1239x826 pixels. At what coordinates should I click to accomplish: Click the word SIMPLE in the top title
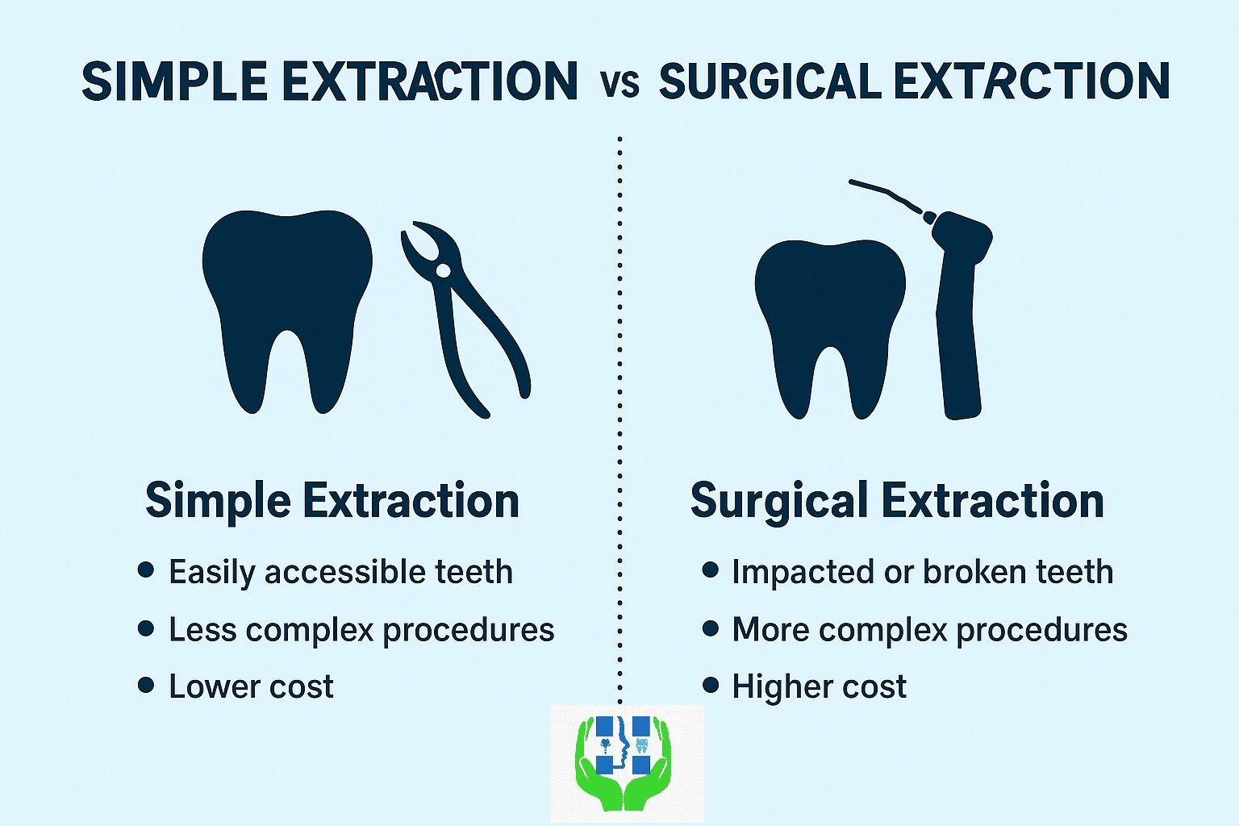[x=175, y=81]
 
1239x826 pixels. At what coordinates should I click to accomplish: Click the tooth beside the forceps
[x=287, y=311]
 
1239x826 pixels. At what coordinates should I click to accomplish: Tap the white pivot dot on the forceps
[x=443, y=270]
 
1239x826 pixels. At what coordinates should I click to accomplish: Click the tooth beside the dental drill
[x=830, y=328]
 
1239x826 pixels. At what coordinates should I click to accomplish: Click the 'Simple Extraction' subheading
[x=332, y=501]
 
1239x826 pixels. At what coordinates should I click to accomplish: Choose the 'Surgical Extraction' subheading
[x=897, y=501]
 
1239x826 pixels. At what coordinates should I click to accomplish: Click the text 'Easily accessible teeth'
[x=340, y=572]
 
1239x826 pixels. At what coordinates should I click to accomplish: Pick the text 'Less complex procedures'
[x=361, y=630]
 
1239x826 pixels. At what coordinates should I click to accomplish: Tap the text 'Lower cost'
[x=251, y=686]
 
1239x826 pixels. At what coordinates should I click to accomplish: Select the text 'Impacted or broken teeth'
[x=923, y=572]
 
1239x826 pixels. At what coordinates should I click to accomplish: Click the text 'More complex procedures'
[x=930, y=630]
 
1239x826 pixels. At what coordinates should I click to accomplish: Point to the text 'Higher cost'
[x=820, y=686]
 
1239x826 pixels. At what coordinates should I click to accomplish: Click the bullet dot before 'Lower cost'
[x=146, y=686]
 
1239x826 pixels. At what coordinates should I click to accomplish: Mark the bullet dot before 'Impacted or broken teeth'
[x=710, y=569]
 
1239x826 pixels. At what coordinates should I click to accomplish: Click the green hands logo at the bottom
[x=624, y=763]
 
